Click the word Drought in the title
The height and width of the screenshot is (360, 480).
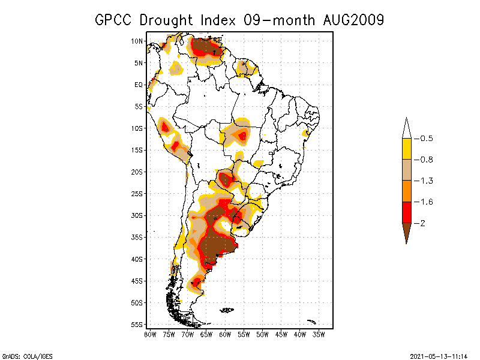[x=171, y=20]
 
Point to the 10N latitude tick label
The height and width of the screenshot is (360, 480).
[x=137, y=41]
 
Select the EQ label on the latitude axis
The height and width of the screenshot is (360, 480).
[x=138, y=85]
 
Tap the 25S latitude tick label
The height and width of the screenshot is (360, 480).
[x=137, y=193]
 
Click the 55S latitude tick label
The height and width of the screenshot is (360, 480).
[x=137, y=324]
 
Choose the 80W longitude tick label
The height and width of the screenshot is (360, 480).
[x=150, y=334]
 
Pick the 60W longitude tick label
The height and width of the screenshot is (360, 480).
[x=225, y=334]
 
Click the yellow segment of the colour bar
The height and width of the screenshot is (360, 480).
[x=406, y=149]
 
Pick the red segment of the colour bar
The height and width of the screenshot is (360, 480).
[x=406, y=212]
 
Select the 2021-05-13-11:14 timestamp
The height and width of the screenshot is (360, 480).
[x=438, y=355]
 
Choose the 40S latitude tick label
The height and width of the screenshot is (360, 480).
[x=137, y=259]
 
